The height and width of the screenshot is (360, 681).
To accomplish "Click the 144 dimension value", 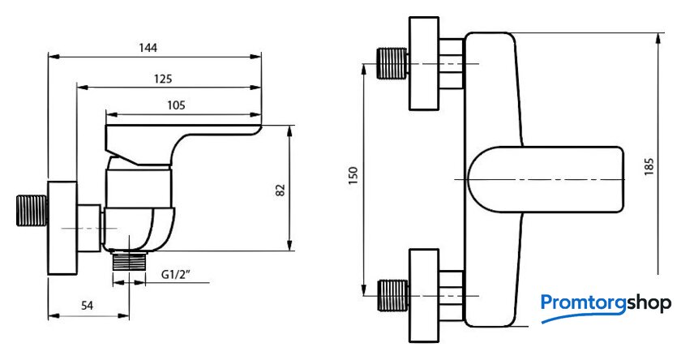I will click(x=147, y=48).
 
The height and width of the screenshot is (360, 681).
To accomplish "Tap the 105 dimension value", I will click(x=176, y=105).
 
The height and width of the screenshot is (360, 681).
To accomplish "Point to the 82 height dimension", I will click(x=281, y=190).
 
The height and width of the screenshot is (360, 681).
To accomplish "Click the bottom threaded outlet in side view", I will click(x=128, y=259).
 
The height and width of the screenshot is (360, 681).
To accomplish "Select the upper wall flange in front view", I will click(x=426, y=63).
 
